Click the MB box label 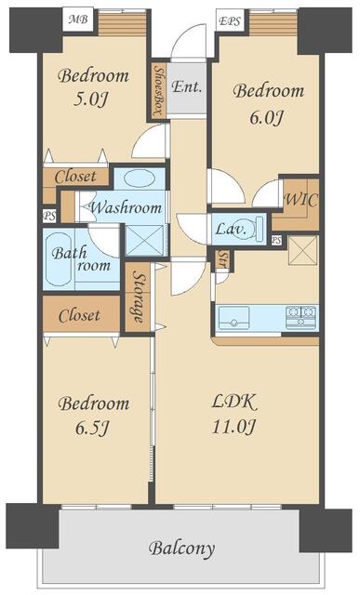78,19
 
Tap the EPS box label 230,20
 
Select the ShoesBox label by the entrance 159,90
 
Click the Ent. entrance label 186,86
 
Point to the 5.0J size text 91,99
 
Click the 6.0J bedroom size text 266,117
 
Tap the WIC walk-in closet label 301,200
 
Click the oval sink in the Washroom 140,178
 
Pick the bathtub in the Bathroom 59,259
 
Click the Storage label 138,297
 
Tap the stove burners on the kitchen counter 301,316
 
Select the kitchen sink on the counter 233,318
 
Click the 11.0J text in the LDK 233,427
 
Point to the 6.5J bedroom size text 92,428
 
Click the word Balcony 181,549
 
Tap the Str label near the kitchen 223,258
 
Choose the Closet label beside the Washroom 75,177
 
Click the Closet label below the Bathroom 79,315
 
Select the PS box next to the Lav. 276,240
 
